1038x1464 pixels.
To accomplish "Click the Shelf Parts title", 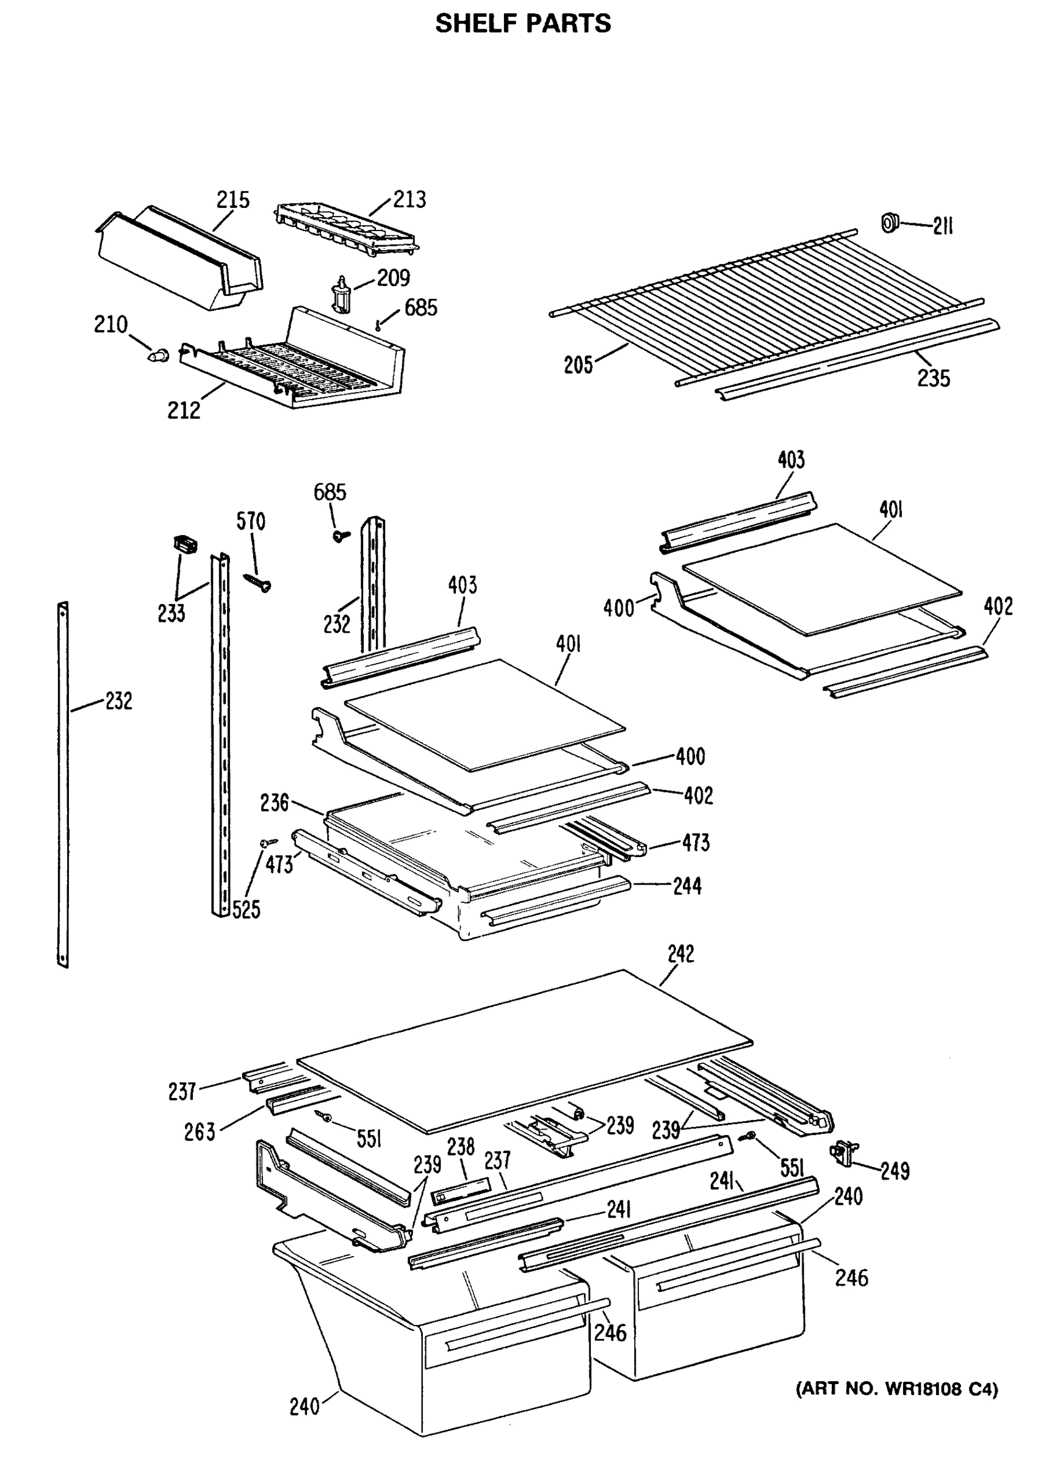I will [523, 24].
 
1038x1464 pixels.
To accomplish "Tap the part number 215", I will [232, 200].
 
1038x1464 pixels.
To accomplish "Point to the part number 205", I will [578, 365].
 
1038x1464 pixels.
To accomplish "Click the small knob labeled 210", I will [158, 354].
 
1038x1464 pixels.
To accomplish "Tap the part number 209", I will [393, 278].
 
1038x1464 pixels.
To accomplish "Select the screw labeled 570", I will [258, 580].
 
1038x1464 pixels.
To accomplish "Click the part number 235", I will [933, 378].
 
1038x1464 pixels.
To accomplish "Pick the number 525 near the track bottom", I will [246, 909].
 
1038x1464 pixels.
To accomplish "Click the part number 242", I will [680, 953].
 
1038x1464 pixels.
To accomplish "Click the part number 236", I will [274, 802].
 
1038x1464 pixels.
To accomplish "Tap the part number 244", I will [687, 886].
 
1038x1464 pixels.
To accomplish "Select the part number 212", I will [184, 410].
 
